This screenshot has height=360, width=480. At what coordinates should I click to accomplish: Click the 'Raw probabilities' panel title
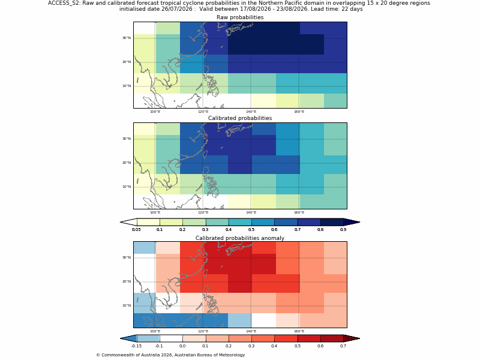point(240,17)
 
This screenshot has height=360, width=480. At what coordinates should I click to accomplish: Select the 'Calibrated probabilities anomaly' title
point(240,238)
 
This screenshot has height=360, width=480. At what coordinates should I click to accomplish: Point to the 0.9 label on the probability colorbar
point(343,230)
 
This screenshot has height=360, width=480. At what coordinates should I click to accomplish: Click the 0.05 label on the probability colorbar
point(136,230)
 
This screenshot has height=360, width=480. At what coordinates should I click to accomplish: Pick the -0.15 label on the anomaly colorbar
point(136,346)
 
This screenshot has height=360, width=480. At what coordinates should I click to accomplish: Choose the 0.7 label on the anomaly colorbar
point(343,346)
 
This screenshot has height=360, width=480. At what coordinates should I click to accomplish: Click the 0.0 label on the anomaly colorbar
point(182,346)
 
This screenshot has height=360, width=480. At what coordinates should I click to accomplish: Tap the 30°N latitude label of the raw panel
point(127,38)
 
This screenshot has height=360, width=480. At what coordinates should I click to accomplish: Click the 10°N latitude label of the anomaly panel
point(127,305)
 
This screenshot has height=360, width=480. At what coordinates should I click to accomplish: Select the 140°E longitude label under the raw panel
point(251,112)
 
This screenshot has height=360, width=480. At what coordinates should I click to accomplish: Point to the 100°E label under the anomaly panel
point(155,331)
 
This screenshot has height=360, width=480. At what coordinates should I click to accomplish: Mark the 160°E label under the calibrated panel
point(299,212)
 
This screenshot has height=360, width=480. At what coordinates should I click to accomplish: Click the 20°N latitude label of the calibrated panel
point(127,163)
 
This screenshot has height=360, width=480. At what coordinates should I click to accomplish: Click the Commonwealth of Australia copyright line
point(170,355)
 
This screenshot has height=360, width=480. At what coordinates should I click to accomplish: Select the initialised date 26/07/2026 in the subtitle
point(176,9)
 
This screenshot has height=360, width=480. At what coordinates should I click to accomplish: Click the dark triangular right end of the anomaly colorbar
point(352,338)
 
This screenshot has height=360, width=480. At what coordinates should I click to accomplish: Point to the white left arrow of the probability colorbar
point(128,222)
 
